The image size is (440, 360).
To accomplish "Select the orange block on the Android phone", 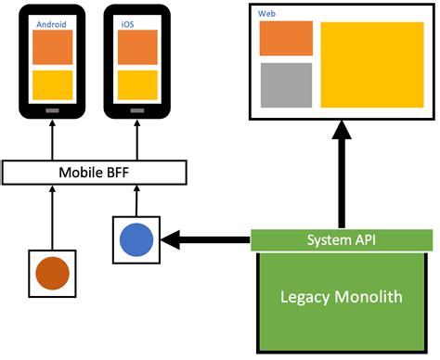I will [x=53, y=47].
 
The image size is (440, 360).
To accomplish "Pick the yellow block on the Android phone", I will [x=53, y=84].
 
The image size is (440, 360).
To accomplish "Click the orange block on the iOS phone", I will [x=136, y=47].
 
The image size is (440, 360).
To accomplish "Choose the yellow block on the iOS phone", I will [x=136, y=84].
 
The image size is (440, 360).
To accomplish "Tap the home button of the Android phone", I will [x=53, y=110].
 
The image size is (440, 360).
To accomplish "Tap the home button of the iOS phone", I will [x=136, y=110].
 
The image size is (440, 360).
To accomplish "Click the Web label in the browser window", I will [x=266, y=13].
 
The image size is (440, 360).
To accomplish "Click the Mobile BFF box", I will [x=95, y=172].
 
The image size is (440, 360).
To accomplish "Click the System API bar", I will [x=342, y=240].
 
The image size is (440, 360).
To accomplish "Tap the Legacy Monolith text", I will [x=342, y=297].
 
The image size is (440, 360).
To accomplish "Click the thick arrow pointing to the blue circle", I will [x=206, y=240].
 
